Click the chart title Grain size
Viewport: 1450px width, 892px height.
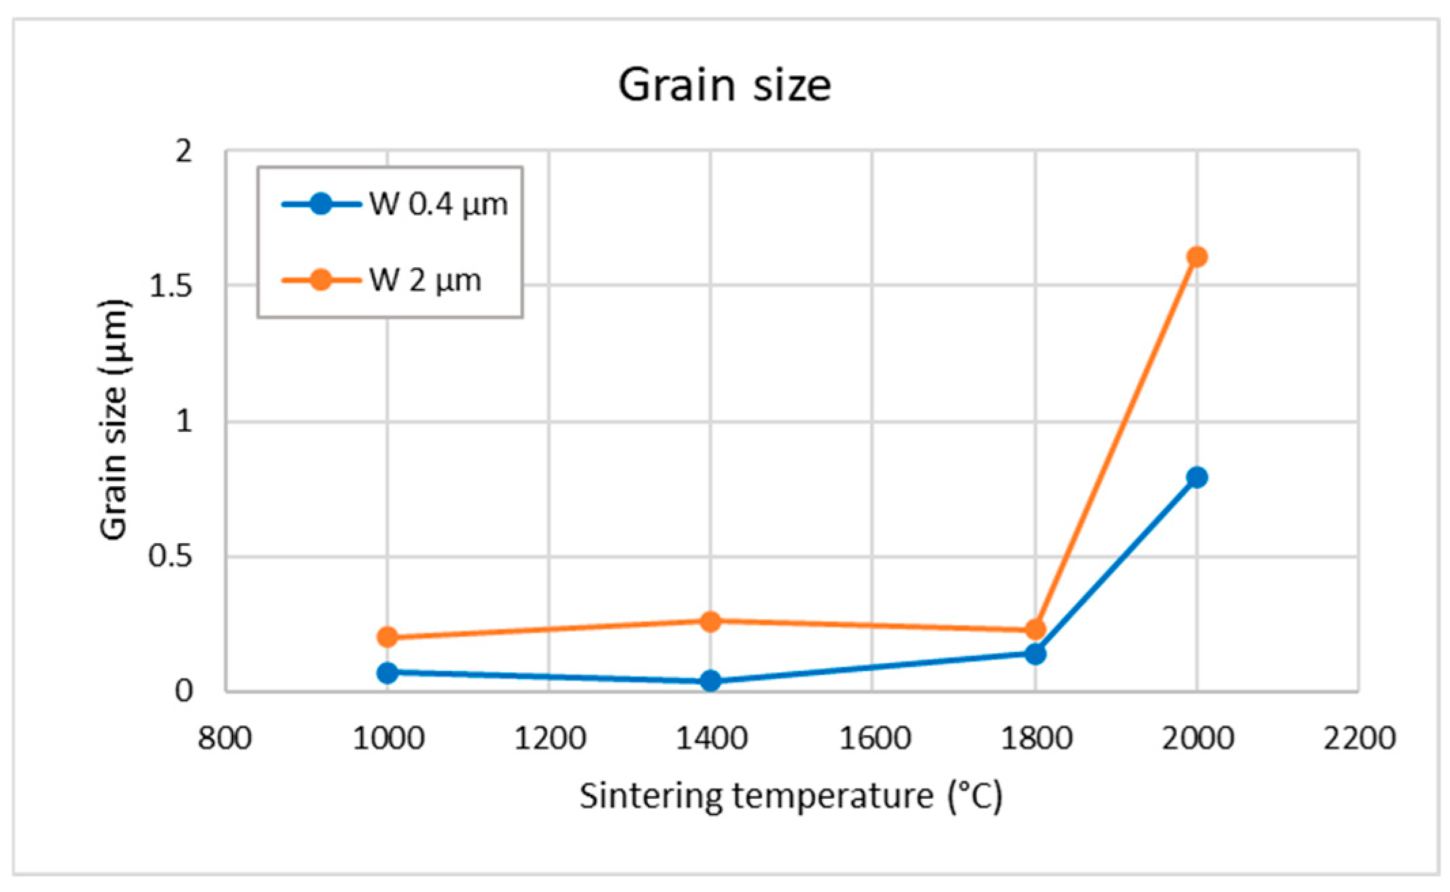tap(724, 85)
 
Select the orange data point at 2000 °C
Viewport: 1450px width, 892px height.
tap(1196, 257)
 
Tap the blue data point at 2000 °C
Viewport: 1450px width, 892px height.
tap(1196, 477)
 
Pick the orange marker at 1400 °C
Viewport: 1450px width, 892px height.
tap(710, 621)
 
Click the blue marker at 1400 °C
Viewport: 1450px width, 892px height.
tap(710, 681)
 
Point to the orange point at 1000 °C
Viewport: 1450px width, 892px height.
tap(387, 637)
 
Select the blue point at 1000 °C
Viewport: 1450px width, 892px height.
tap(387, 672)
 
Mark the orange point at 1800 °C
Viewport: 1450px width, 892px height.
tap(1035, 630)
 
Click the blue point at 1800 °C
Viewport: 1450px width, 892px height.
tap(1035, 654)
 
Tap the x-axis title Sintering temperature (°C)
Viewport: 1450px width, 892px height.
tap(791, 795)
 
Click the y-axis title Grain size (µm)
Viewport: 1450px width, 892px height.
tap(114, 419)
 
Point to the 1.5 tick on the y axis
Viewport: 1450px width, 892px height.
tap(171, 286)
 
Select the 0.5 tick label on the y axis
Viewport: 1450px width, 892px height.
tap(171, 557)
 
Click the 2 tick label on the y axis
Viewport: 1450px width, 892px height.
tap(184, 151)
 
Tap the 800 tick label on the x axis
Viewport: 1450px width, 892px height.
tap(225, 738)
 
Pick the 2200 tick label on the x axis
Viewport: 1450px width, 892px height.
tap(1359, 738)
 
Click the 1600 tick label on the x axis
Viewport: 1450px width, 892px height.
tap(874, 738)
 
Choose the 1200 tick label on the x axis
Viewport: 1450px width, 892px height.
tap(549, 738)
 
